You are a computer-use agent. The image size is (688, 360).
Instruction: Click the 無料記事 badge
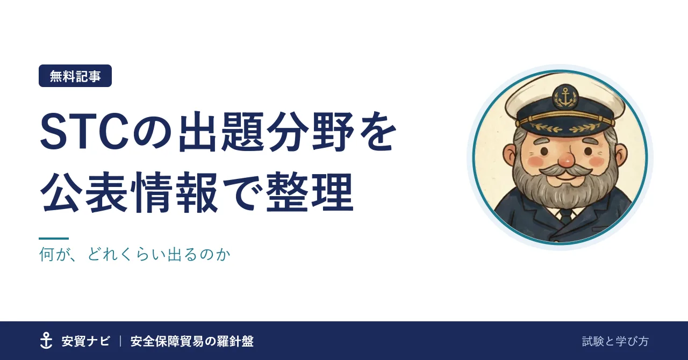click(x=75, y=76)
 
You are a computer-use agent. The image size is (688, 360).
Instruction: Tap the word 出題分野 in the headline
click(x=267, y=132)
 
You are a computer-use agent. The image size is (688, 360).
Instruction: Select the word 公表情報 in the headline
click(x=129, y=193)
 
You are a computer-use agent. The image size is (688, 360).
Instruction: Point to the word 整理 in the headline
click(x=310, y=193)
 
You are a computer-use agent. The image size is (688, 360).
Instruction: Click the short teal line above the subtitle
click(x=54, y=239)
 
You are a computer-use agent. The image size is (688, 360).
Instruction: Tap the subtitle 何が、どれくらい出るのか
click(x=135, y=254)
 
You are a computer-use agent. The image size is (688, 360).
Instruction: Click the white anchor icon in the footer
click(x=46, y=341)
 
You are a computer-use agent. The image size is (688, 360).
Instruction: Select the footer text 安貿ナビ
click(x=85, y=341)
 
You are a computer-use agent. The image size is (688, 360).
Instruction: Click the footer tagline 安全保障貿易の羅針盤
click(x=192, y=341)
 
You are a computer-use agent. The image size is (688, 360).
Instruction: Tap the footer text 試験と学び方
click(x=615, y=341)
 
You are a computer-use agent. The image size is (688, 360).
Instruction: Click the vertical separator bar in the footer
click(x=120, y=341)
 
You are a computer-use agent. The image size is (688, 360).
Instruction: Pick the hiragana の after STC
click(x=152, y=133)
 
